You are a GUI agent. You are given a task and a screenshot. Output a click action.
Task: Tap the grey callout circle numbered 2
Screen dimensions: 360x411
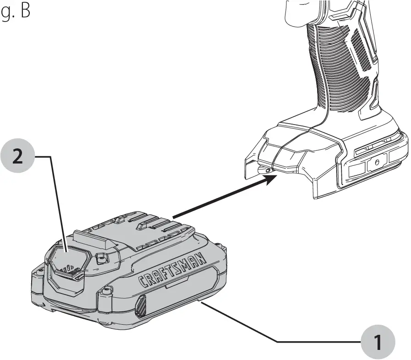17,157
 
